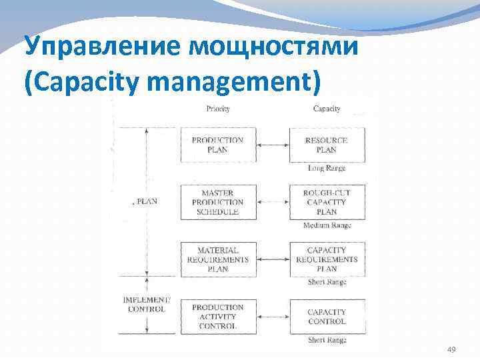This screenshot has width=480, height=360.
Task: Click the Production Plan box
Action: coord(217,145)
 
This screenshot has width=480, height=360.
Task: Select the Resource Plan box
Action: coord(327,145)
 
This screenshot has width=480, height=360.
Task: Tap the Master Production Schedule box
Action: coord(217,202)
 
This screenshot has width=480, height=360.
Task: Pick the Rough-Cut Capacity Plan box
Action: coord(327,202)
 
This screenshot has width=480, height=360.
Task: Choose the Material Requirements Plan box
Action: coord(217,259)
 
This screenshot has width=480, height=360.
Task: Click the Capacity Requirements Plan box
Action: coord(327,259)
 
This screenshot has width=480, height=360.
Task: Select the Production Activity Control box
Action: coord(217,317)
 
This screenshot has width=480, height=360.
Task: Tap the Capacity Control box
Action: coord(327,317)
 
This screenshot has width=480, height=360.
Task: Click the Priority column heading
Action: coord(218,108)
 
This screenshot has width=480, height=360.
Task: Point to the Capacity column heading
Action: coord(327,108)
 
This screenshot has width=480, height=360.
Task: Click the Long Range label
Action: coord(327,169)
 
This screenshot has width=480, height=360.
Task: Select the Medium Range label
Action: coord(327,225)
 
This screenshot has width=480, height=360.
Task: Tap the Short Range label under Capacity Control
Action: coord(327,340)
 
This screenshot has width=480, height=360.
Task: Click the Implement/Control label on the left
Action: coord(147,305)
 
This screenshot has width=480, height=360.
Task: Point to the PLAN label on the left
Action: coord(146,201)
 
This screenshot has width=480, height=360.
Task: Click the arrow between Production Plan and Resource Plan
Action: coord(272,145)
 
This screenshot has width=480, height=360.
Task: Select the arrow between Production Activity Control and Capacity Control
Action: coord(272,317)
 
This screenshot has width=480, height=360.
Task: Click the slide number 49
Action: coord(451,350)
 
